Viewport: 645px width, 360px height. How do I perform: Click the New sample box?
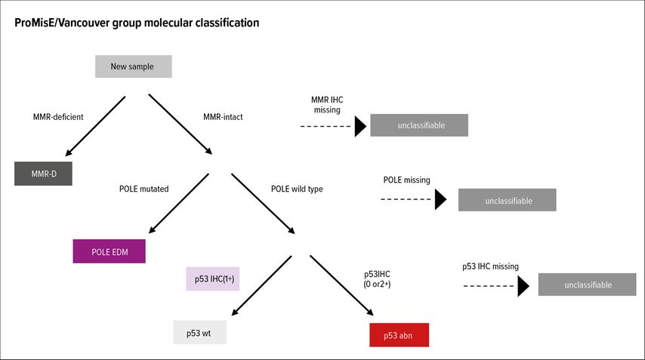tap(133, 66)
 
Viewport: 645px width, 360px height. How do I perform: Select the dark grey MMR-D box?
tap(43, 174)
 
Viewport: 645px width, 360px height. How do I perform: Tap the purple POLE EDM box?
tap(109, 251)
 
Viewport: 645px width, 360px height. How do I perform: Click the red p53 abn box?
tap(399, 335)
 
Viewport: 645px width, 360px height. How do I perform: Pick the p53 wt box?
tap(199, 332)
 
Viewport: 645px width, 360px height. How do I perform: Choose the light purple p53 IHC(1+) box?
tap(213, 278)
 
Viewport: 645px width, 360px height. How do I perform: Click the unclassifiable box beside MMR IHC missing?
tap(419, 125)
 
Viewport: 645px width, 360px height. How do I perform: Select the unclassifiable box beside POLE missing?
tap(508, 200)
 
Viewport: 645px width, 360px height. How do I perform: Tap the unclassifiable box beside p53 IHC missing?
tap(587, 285)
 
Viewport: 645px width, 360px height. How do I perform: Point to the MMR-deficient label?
tap(58, 117)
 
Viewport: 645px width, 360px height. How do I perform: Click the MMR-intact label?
tap(223, 117)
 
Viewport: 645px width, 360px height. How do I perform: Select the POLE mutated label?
tap(144, 189)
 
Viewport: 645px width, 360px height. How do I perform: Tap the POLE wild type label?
tap(297, 189)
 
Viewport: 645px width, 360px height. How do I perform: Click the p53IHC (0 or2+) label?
tap(377, 279)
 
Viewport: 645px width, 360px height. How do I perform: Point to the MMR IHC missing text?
tap(327, 105)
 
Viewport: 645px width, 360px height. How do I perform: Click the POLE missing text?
tap(407, 180)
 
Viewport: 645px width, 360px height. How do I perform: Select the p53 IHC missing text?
tap(490, 266)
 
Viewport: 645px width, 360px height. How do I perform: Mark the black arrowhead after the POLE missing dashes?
tap(440, 200)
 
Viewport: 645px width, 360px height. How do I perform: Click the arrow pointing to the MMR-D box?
tap(95, 126)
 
